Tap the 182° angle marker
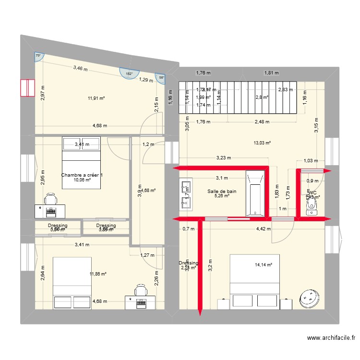coord(128,73)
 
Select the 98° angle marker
coord(161,78)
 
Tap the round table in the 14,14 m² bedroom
coord(310,300)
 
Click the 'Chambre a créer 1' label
coord(82,175)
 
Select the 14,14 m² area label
coord(264,264)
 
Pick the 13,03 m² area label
coord(263,143)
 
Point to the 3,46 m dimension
coord(80,69)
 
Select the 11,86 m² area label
coord(98,274)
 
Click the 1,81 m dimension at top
coord(271,73)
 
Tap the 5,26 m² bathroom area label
coord(222,196)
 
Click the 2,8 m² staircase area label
coord(262,97)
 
